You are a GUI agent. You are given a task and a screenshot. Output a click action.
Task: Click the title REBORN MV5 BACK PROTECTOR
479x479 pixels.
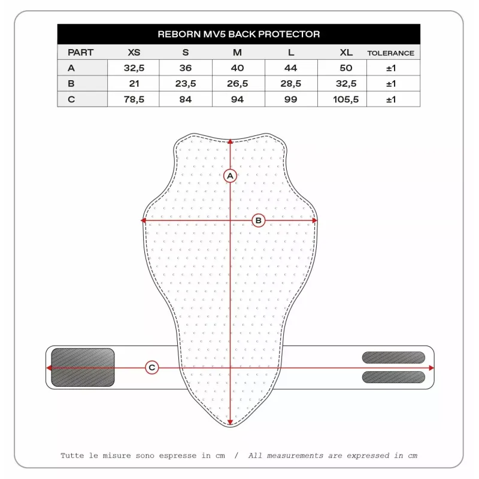tap(238, 34)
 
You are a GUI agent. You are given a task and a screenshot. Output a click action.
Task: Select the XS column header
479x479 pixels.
tap(134, 52)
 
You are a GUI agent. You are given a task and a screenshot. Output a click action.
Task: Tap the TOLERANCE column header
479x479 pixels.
tap(391, 53)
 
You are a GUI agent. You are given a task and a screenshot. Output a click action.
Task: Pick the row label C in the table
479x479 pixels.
tap(71, 99)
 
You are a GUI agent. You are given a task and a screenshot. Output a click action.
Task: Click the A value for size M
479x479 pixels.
tap(237, 68)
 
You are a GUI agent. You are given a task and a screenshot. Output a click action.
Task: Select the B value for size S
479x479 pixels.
tap(186, 83)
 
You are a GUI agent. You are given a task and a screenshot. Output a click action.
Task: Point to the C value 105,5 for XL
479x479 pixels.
tap(346, 99)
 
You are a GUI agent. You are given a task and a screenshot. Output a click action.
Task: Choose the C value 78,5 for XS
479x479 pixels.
tap(134, 99)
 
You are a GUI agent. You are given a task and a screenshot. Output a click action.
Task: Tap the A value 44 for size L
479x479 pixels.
tap(290, 68)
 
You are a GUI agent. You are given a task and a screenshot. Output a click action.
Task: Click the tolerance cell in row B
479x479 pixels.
tap(391, 84)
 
